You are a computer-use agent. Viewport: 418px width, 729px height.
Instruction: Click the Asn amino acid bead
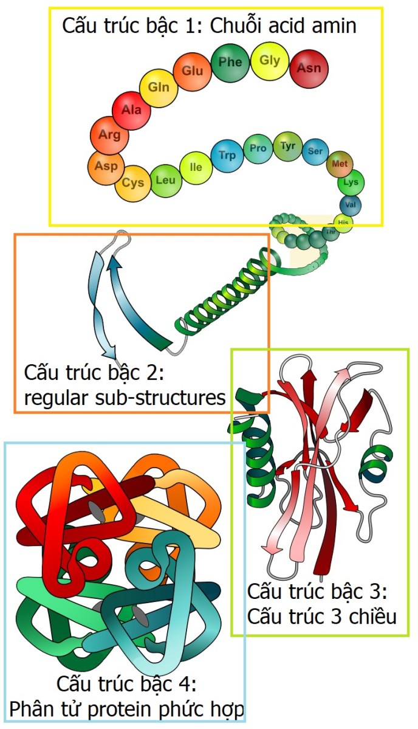pyautogui.click(x=309, y=68)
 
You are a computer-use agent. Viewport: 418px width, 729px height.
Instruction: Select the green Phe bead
pyautogui.click(x=230, y=63)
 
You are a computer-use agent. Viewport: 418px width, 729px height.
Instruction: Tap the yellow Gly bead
pyautogui.click(x=270, y=61)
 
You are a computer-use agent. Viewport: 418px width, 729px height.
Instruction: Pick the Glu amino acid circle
pyautogui.click(x=192, y=71)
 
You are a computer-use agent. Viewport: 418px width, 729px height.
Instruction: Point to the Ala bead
pyautogui.click(x=131, y=110)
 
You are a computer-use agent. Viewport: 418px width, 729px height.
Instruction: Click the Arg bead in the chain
pyautogui.click(x=109, y=136)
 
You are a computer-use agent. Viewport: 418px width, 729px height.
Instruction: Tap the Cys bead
pyautogui.click(x=133, y=183)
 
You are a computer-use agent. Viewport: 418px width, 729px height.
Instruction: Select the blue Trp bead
pyautogui.click(x=227, y=155)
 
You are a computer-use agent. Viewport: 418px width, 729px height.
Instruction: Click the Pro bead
pyautogui.click(x=258, y=148)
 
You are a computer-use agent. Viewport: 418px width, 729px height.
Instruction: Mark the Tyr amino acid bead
pyautogui.click(x=288, y=146)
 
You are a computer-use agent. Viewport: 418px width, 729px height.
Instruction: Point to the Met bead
pyautogui.click(x=340, y=164)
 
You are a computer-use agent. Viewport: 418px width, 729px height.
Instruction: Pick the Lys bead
pyautogui.click(x=351, y=182)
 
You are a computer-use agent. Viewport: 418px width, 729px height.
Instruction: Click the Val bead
pyautogui.click(x=350, y=204)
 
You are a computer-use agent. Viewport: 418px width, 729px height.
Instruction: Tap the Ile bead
pyautogui.click(x=196, y=167)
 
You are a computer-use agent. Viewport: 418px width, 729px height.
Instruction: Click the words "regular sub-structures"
pyautogui.click(x=125, y=398)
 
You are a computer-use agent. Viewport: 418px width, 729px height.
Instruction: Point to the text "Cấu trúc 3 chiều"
pyautogui.click(x=322, y=617)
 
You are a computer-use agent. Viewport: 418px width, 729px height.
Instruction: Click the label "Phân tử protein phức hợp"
pyautogui.click(x=127, y=710)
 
